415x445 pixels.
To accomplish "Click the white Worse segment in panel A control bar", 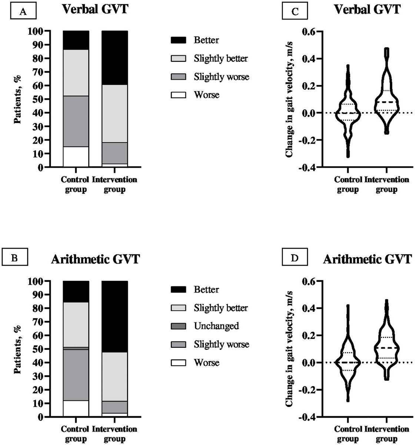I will coord(76,157).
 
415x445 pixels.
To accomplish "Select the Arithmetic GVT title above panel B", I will coord(95,259).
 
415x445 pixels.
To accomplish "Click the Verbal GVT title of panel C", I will coord(367,9).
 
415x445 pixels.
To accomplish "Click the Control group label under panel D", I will coord(348,434).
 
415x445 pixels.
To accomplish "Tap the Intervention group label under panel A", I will coord(114,185).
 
